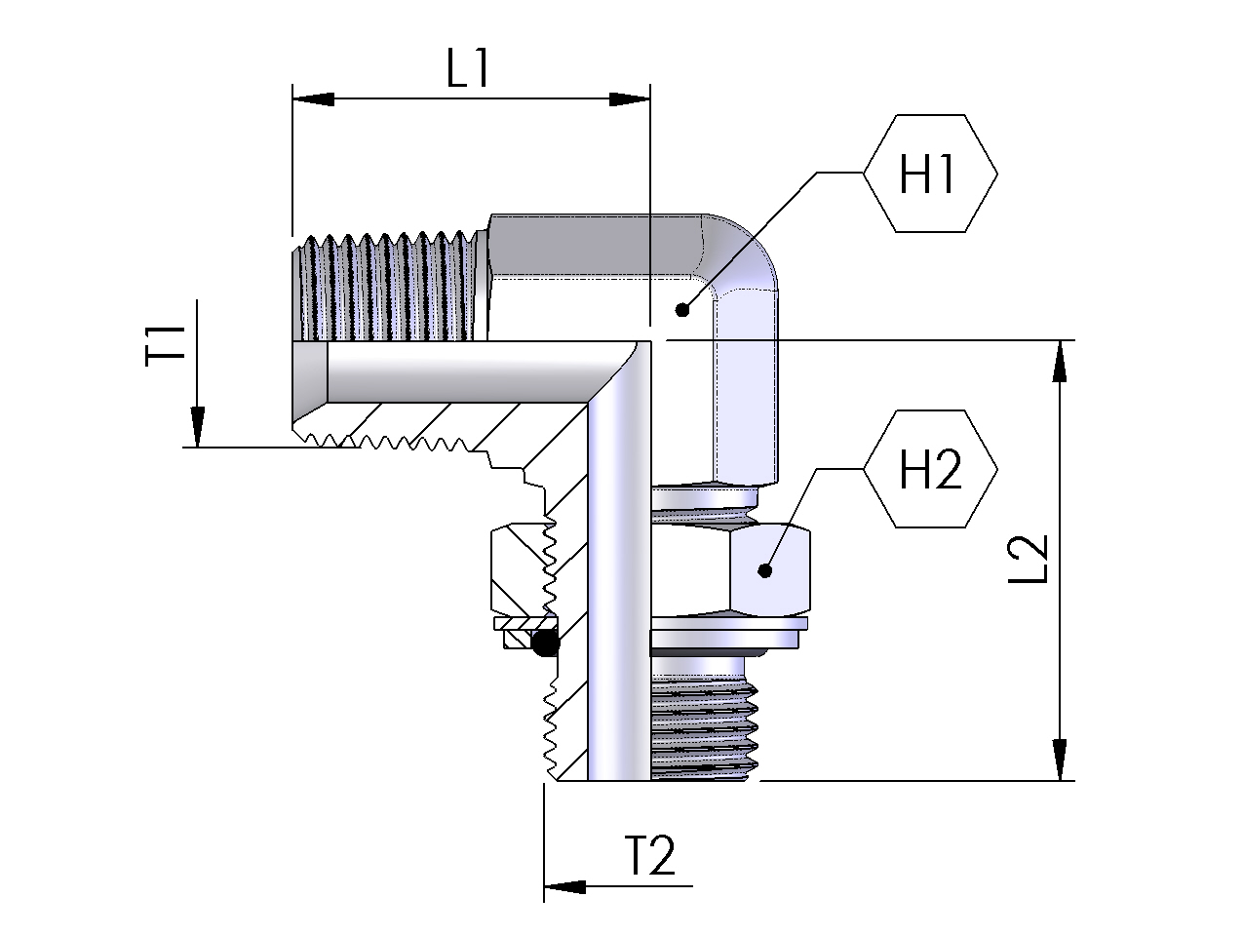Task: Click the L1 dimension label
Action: tap(467, 68)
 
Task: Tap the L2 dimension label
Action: tap(1029, 559)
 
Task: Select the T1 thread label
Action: tap(165, 345)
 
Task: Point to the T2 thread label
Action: tap(649, 855)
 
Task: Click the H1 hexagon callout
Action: tap(930, 174)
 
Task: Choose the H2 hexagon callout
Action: tap(930, 469)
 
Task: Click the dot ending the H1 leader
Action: tap(682, 310)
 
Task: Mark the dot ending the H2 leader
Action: tap(764, 570)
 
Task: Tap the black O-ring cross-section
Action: tap(545, 643)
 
